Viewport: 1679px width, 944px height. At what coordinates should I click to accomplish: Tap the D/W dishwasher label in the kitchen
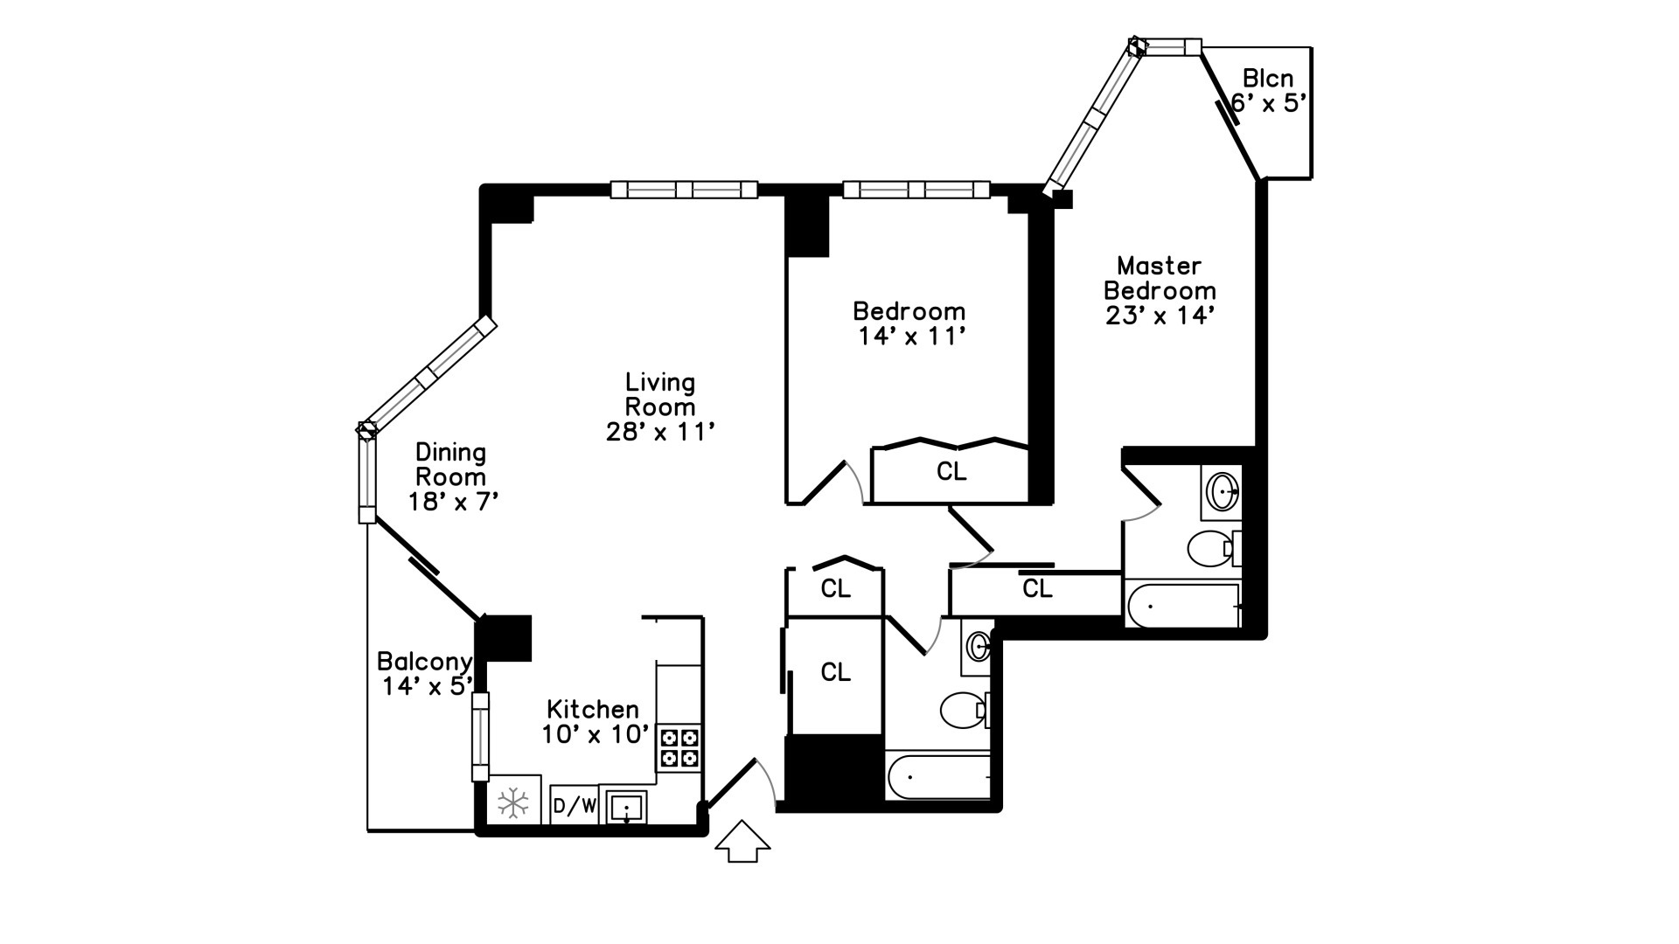pyautogui.click(x=575, y=806)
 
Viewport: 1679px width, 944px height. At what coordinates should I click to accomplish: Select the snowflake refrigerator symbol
pyautogui.click(x=513, y=803)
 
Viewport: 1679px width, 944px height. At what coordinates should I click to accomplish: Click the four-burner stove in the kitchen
pyautogui.click(x=679, y=747)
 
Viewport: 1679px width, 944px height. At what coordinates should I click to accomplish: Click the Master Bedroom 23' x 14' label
pyautogui.click(x=1160, y=290)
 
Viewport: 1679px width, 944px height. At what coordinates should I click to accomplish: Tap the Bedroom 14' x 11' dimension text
pyautogui.click(x=909, y=336)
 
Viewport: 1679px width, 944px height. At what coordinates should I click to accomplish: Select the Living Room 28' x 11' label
pyautogui.click(x=660, y=406)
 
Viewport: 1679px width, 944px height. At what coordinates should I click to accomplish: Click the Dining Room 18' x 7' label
pyautogui.click(x=451, y=476)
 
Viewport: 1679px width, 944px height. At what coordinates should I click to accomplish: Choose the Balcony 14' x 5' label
pyautogui.click(x=425, y=674)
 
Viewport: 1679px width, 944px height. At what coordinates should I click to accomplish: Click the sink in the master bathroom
pyautogui.click(x=1221, y=491)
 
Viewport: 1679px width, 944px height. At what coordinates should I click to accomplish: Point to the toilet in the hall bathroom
pyautogui.click(x=964, y=709)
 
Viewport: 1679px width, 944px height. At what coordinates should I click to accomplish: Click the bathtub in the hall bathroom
pyautogui.click(x=938, y=775)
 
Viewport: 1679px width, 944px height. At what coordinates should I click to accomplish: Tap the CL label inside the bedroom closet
pyautogui.click(x=951, y=472)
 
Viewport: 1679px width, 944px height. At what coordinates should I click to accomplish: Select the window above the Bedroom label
pyautogui.click(x=916, y=189)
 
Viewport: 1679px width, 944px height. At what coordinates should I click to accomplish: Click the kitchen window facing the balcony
pyautogui.click(x=480, y=736)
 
